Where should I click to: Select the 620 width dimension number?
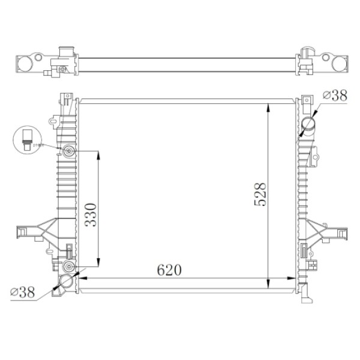[x=169, y=271]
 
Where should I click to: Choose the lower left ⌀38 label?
[x=23, y=292]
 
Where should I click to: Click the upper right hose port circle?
[x=309, y=124]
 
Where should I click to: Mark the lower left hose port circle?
[x=66, y=281]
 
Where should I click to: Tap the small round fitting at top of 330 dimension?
[x=69, y=151]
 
